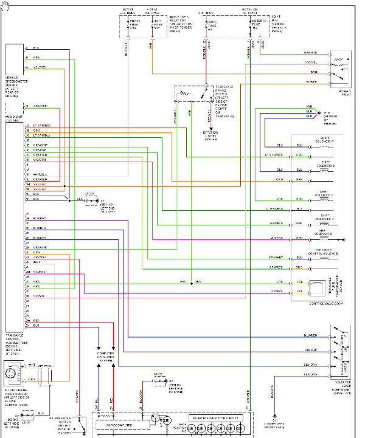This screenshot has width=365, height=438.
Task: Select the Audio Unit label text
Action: point(15,118)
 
